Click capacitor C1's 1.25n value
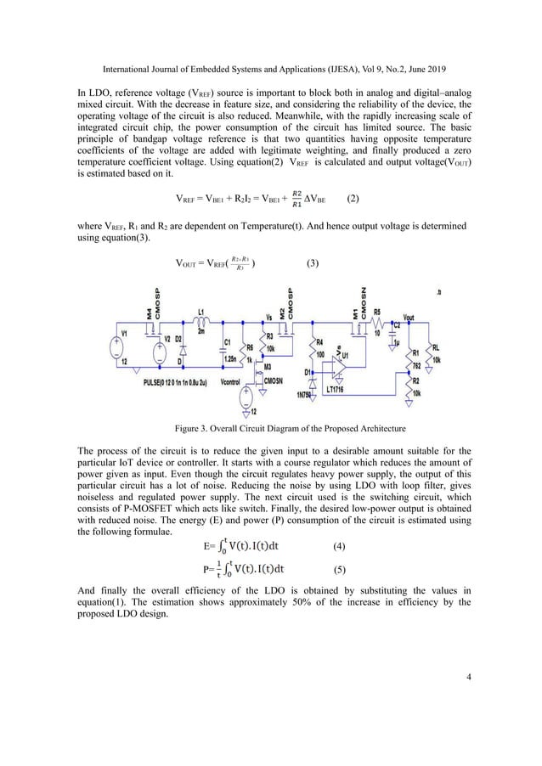[x=229, y=359]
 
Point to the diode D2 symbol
[x=179, y=351]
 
